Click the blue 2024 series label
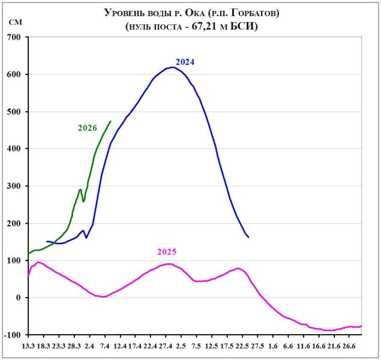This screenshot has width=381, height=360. (x=185, y=62)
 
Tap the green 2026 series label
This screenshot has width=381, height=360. (x=88, y=128)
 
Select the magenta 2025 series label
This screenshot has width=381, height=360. (x=167, y=252)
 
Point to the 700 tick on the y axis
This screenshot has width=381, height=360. (x=13, y=37)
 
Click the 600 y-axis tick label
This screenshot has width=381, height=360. (x=13, y=74)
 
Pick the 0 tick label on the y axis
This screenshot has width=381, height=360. (x=18, y=298)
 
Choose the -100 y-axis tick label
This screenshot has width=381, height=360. (x=11, y=335)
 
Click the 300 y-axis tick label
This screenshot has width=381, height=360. (x=13, y=186)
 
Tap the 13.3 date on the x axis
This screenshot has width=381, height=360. (x=28, y=347)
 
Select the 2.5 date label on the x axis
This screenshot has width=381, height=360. (x=181, y=347)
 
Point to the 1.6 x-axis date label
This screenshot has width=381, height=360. (x=273, y=347)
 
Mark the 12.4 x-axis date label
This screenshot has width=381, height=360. (x=120, y=347)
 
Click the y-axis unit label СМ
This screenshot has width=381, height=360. (x=16, y=23)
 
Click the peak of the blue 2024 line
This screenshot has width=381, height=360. (x=173, y=67)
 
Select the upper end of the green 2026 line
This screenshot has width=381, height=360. (x=110, y=121)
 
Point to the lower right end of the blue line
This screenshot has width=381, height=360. (x=248, y=238)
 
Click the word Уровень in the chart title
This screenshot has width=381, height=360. (x=127, y=12)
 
